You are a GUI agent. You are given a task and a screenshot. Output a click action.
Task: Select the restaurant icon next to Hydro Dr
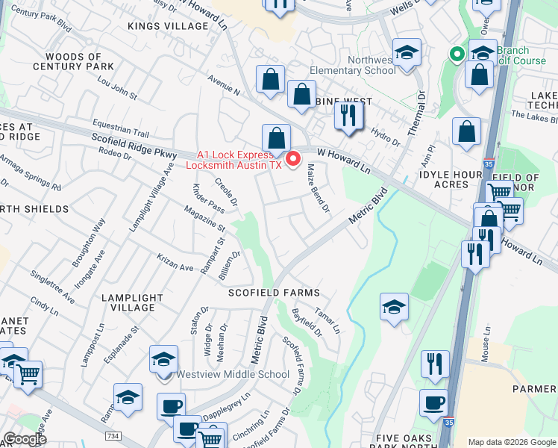348,116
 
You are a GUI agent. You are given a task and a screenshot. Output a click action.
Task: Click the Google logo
25,439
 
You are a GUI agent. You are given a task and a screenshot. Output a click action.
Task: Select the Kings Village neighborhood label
168,26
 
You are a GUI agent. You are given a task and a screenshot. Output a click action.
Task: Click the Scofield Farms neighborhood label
274,293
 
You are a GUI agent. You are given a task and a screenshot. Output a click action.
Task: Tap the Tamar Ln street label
327,321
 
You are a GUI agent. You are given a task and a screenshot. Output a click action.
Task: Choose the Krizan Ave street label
176,262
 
